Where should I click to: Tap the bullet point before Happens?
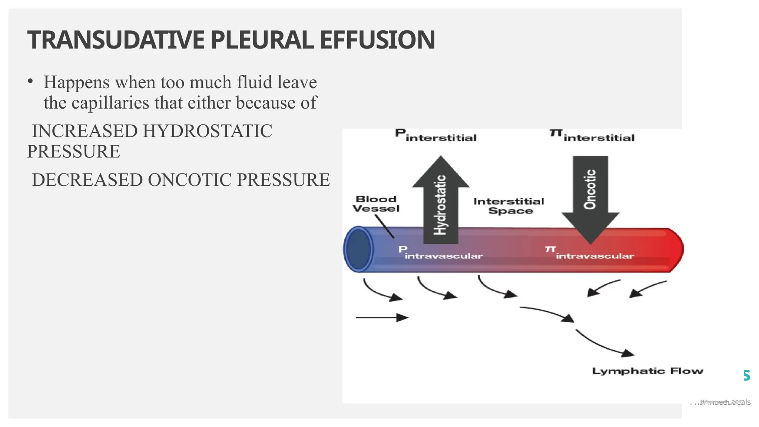[30, 82]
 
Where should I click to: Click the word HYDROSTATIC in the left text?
[207, 131]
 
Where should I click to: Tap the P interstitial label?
[435, 136]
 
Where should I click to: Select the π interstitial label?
[592, 136]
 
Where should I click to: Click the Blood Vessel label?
[376, 204]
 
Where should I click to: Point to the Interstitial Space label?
[509, 206]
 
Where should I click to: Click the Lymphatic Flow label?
[647, 371]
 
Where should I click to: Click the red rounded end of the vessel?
[675, 250]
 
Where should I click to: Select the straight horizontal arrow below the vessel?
[382, 318]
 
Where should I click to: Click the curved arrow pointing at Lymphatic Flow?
[604, 344]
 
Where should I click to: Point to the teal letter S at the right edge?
[747, 375]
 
